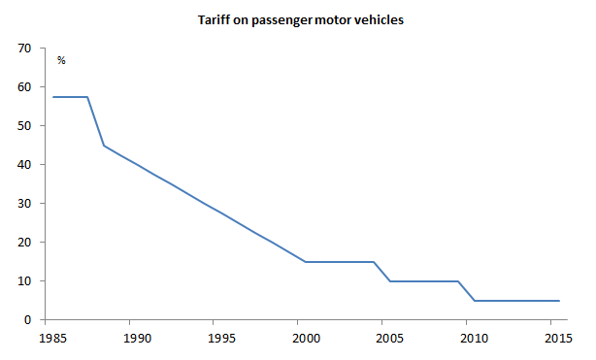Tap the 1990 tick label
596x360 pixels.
[x=137, y=339]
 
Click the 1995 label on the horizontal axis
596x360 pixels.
[x=221, y=339]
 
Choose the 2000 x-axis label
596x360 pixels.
[x=306, y=339]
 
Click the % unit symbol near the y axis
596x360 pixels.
[x=61, y=61]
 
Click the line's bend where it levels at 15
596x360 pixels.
[x=306, y=262]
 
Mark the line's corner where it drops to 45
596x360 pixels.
[x=104, y=146]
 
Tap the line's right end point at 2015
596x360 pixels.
[x=560, y=301]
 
